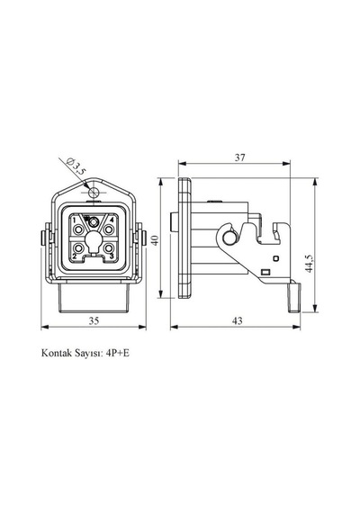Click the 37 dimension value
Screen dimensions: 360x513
click(240, 157)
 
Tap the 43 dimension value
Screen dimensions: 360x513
click(238, 321)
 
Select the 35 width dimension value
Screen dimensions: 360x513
click(94, 321)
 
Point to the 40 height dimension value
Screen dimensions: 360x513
click(155, 240)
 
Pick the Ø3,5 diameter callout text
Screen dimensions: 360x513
click(76, 166)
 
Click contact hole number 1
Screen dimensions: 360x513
click(78, 229)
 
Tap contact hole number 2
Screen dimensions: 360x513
click(78, 247)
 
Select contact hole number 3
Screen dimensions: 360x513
click(108, 247)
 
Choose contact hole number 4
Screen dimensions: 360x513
click(108, 229)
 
